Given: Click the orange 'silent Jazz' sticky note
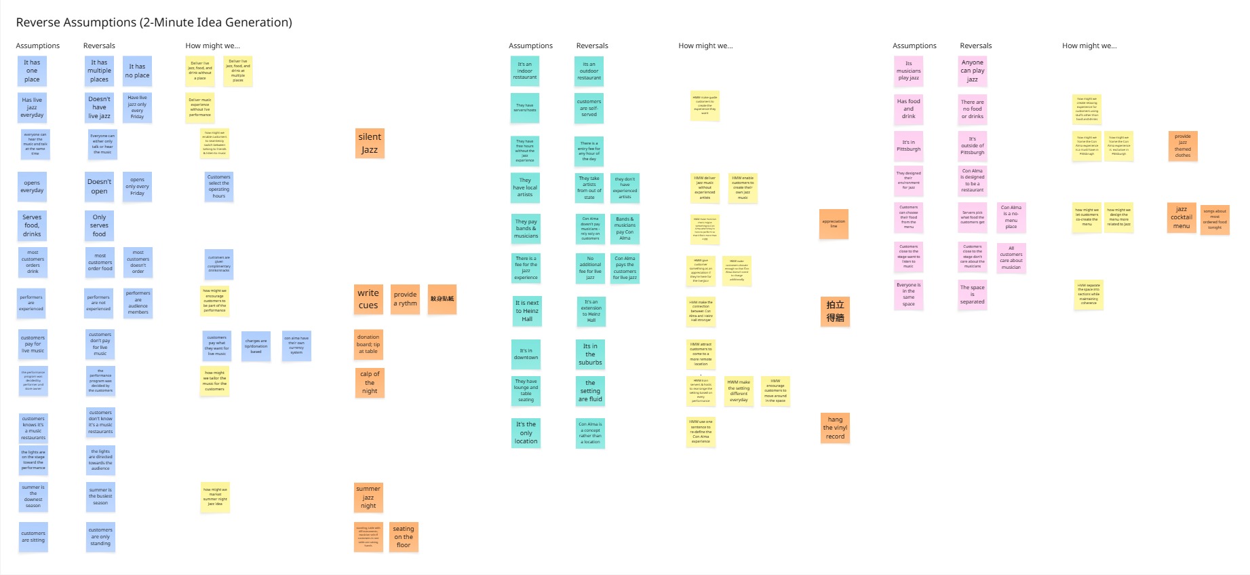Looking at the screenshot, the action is pyautogui.click(x=370, y=143).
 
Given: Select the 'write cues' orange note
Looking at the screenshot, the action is pyautogui.click(x=368, y=299).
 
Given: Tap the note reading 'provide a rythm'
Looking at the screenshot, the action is pyautogui.click(x=406, y=299).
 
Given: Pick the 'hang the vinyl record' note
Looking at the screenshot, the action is pyautogui.click(x=835, y=428).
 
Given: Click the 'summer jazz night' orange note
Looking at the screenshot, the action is pyautogui.click(x=368, y=498).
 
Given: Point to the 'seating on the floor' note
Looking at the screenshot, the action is pyautogui.click(x=404, y=537).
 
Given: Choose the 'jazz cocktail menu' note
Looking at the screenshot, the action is pyautogui.click(x=1181, y=218).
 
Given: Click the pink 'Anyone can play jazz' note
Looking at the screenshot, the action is pyautogui.click(x=972, y=71).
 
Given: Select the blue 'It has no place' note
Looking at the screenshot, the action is pyautogui.click(x=137, y=71).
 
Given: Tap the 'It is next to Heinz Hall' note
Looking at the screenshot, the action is pyautogui.click(x=527, y=311).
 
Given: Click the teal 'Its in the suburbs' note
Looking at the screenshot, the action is pyautogui.click(x=590, y=354).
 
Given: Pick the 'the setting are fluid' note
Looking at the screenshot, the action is pyautogui.click(x=590, y=391).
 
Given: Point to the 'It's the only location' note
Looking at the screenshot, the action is pyautogui.click(x=526, y=433).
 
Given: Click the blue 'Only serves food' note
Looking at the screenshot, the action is pyautogui.click(x=99, y=225).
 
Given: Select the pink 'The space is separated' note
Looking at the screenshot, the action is pyautogui.click(x=972, y=295).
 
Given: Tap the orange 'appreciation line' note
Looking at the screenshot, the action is pyautogui.click(x=834, y=223).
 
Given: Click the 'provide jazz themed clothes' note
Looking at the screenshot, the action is pyautogui.click(x=1183, y=146).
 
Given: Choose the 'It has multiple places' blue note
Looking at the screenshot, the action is pyautogui.click(x=99, y=71).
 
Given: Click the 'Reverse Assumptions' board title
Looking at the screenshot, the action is pyautogui.click(x=154, y=22).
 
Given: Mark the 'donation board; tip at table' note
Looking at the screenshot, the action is pyautogui.click(x=368, y=344).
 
